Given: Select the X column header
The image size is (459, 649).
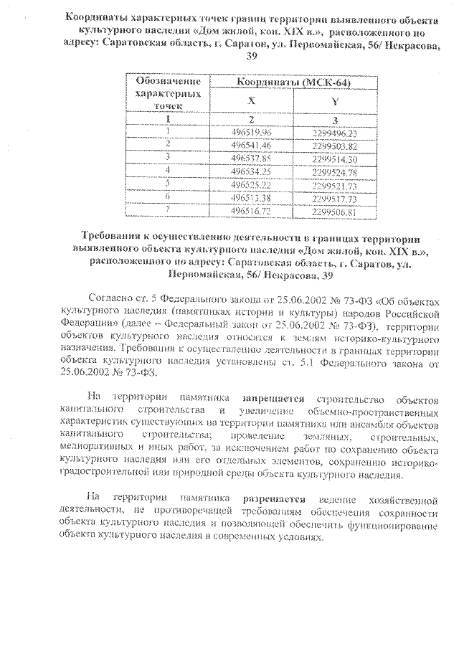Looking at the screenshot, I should tap(250, 102).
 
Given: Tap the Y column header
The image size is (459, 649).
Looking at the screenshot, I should tap(335, 102).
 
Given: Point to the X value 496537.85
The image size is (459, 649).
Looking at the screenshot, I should tap(250, 158).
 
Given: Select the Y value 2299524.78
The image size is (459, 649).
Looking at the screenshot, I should tap(336, 172).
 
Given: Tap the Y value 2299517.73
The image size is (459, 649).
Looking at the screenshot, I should tap(335, 199).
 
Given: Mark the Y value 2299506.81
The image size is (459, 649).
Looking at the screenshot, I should tap(335, 212).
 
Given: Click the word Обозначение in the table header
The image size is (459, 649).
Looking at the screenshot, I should tap(167, 82).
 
